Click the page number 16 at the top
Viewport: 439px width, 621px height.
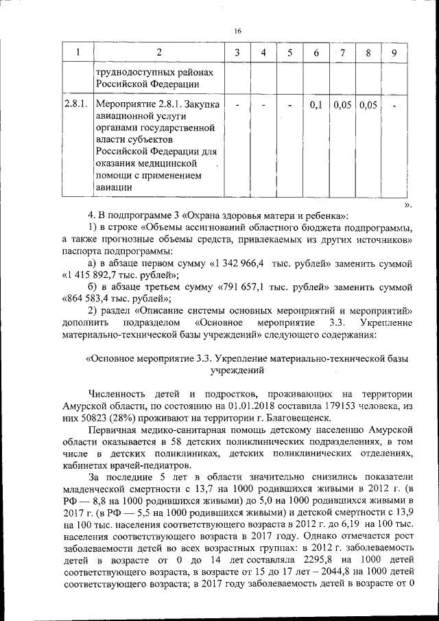coord(237,31)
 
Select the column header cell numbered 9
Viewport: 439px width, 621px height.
coord(393,53)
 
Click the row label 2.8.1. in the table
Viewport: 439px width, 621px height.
coord(74,105)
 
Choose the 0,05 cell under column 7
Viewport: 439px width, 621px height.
coord(342,105)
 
